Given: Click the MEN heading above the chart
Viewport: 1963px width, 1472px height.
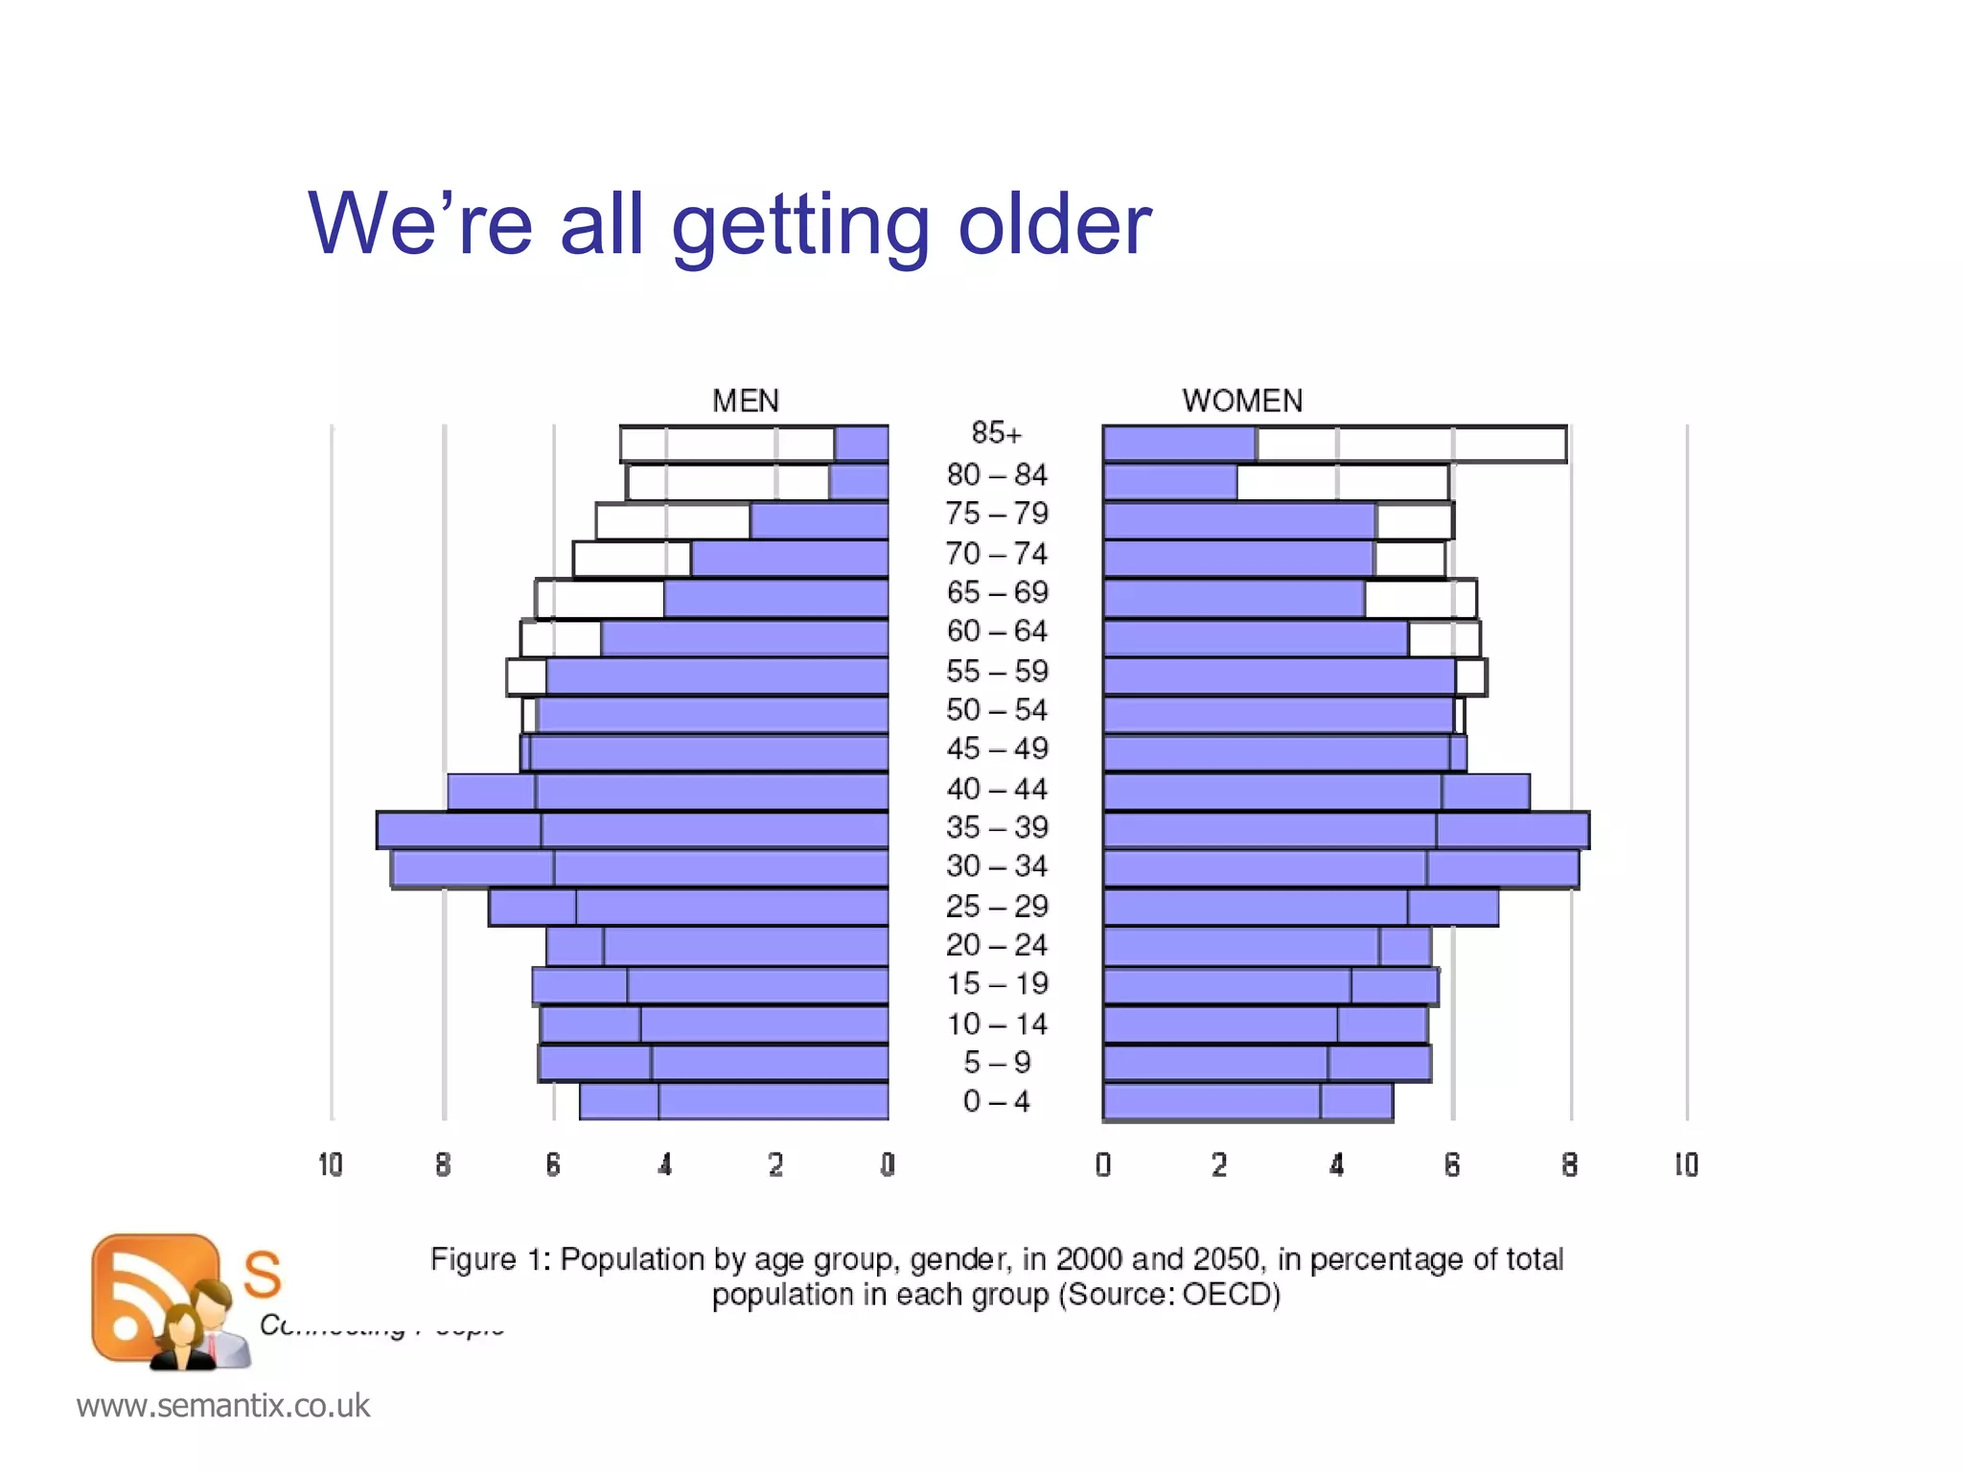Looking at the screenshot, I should (745, 401).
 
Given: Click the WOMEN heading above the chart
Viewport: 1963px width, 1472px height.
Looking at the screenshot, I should (1242, 401).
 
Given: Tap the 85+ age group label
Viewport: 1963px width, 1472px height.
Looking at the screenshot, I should (996, 433).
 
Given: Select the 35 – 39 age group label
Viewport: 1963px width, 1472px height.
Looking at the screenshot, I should (997, 827).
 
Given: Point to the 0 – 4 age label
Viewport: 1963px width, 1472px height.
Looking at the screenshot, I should (996, 1101).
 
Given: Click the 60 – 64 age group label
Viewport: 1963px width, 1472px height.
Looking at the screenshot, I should (997, 632).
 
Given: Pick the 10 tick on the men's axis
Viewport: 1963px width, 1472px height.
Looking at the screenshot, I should (331, 1165).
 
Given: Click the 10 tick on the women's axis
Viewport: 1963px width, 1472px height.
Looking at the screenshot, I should (1686, 1165).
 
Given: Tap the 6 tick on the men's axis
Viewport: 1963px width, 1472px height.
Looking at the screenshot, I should (553, 1165).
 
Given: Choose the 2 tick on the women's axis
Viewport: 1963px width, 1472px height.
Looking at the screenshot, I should (1219, 1165).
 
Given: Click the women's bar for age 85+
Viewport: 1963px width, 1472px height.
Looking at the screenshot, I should (1334, 445).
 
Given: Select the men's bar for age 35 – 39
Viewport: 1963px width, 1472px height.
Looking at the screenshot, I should (633, 830).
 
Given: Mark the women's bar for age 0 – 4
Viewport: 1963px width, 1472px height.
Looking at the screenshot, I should (1247, 1102).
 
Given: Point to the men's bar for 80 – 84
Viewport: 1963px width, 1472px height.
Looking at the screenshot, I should (757, 482).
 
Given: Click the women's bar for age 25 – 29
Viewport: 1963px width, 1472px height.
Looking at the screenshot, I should (1301, 908).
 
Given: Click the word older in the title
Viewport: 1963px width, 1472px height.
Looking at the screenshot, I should (1054, 224).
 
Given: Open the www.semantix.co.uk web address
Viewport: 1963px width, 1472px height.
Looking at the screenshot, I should (223, 1406).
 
